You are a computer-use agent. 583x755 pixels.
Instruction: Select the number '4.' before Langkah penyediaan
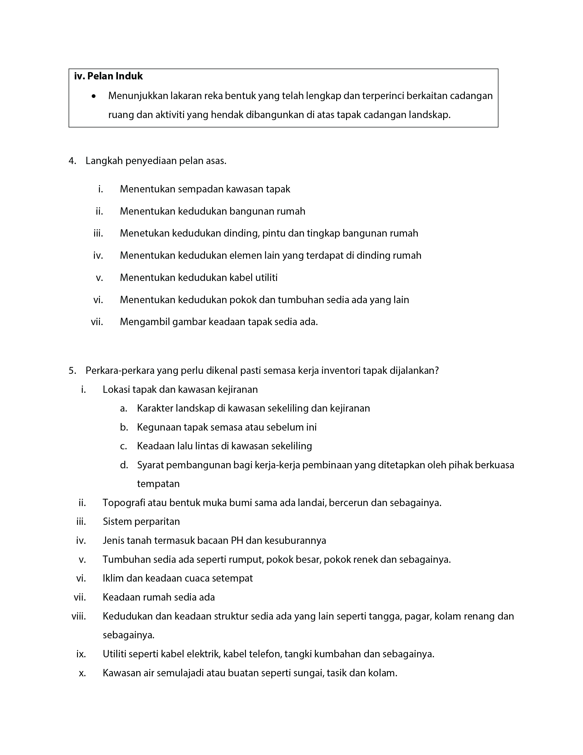coord(72,161)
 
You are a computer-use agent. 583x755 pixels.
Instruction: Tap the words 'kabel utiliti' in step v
coord(253,278)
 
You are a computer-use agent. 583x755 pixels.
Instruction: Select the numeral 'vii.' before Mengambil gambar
coord(97,322)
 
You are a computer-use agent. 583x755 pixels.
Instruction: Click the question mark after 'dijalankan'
coord(437,371)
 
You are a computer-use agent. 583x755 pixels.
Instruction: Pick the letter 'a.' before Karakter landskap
coord(124,408)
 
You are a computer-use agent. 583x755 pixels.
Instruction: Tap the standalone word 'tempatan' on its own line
coord(158,484)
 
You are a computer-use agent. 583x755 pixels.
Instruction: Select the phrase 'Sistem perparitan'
coord(141,521)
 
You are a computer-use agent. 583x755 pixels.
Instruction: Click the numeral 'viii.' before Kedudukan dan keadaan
coord(79,616)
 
